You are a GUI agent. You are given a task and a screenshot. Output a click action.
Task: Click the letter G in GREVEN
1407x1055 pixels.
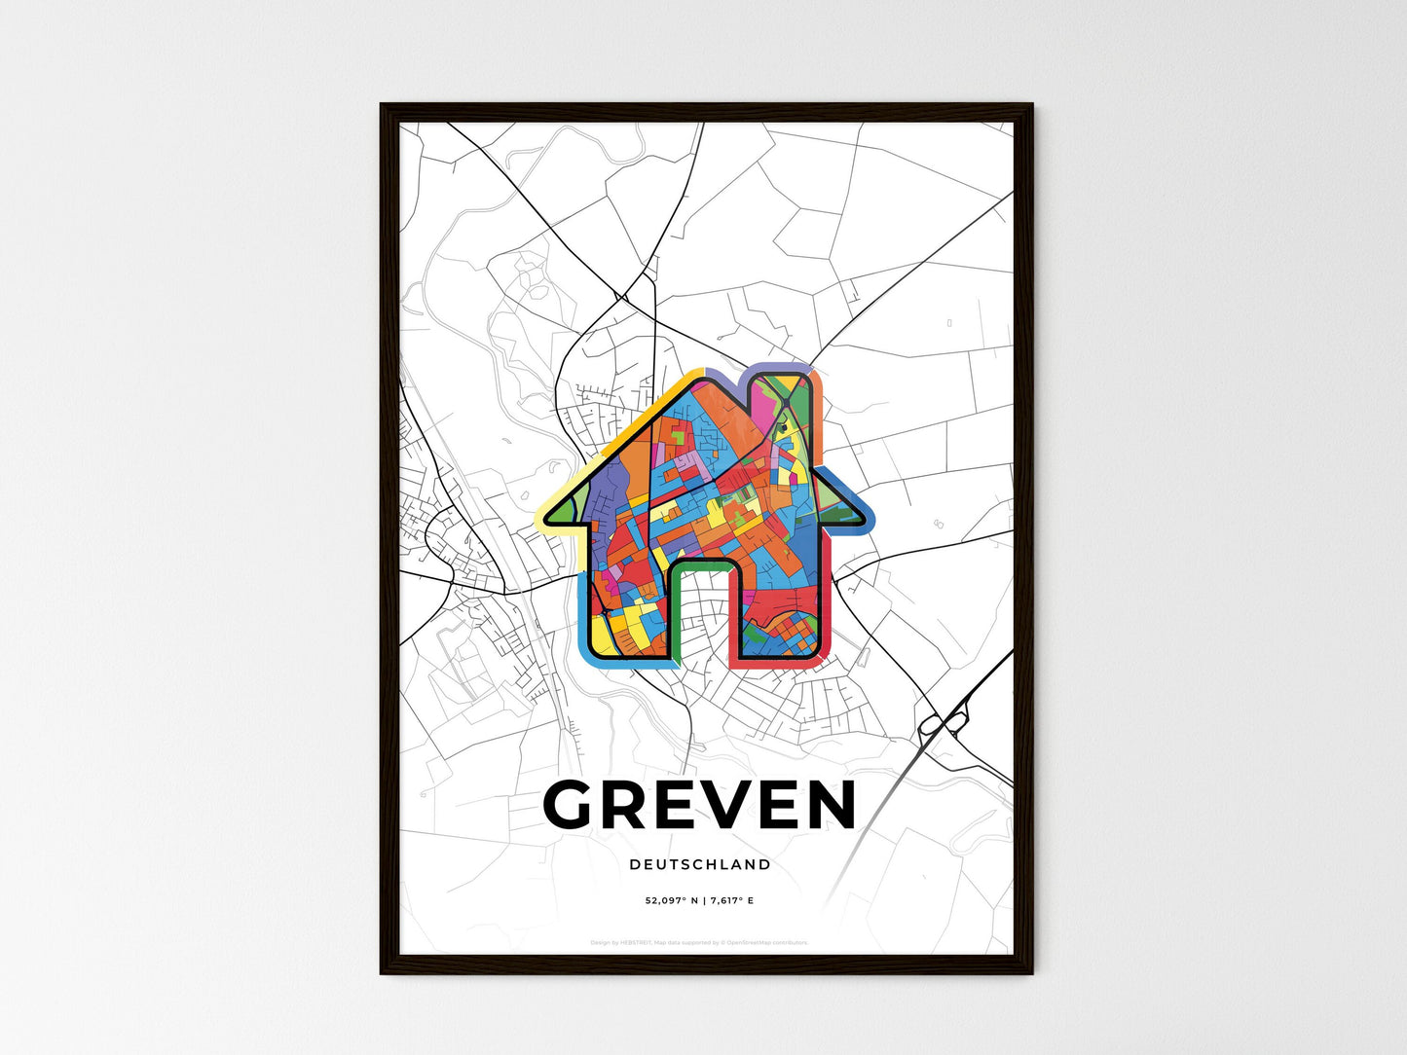574,806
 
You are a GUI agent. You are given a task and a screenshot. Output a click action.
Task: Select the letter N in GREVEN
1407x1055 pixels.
826,806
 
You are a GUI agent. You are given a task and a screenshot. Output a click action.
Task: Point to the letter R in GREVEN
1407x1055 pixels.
623,806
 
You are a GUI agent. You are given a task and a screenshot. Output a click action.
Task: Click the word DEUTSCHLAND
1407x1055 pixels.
700,864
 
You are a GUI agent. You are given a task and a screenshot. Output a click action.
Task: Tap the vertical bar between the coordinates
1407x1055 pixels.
704,901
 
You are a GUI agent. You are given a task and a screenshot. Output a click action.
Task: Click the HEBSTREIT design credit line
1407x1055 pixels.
700,942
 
